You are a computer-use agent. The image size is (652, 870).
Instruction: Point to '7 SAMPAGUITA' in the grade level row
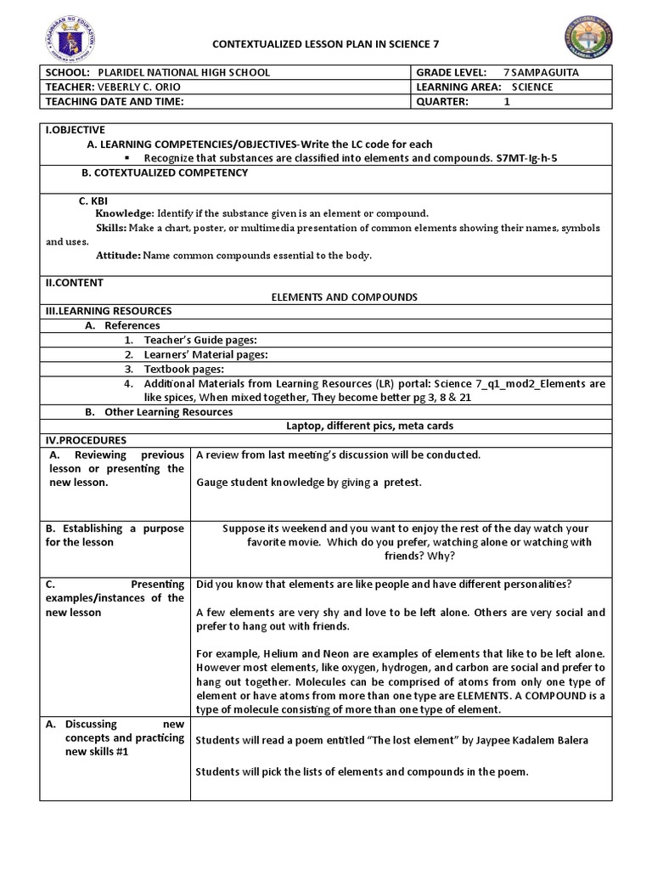click(x=553, y=73)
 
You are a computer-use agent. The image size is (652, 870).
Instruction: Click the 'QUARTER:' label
click(x=442, y=100)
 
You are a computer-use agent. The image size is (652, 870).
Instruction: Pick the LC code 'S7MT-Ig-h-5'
click(x=526, y=158)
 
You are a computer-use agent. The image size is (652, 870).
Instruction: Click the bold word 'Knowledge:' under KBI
click(x=125, y=213)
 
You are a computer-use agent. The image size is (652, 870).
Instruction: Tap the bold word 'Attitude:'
click(x=118, y=255)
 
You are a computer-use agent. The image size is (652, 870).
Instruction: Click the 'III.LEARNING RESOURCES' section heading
click(x=109, y=311)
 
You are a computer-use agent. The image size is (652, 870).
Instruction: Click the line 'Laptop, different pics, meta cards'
click(x=369, y=426)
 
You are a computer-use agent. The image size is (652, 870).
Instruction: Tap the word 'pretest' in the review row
click(x=402, y=483)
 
